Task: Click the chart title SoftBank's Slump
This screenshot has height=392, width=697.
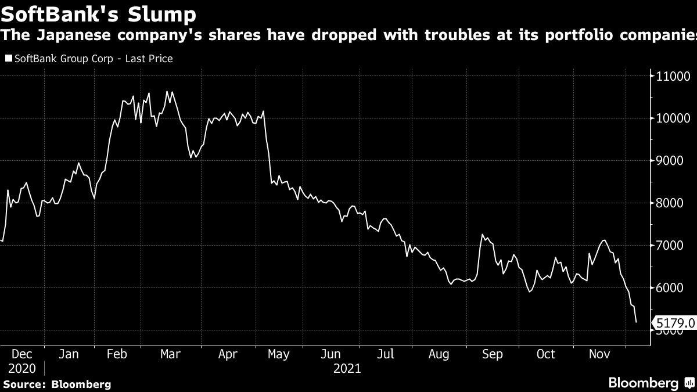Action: tap(98, 13)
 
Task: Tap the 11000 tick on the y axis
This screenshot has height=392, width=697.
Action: tap(673, 76)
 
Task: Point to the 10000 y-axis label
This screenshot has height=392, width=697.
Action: tap(673, 118)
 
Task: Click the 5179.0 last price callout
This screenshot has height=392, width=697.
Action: tap(673, 322)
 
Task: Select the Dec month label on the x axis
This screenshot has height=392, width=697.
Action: tap(22, 354)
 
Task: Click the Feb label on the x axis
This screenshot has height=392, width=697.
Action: tap(118, 354)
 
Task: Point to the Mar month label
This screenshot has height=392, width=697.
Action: tap(171, 354)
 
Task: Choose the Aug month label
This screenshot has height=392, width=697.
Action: tap(439, 354)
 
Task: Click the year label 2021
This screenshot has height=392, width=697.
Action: tap(347, 369)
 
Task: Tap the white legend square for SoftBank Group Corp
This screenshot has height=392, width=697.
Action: tap(8, 59)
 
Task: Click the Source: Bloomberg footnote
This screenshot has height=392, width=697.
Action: tap(56, 384)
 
